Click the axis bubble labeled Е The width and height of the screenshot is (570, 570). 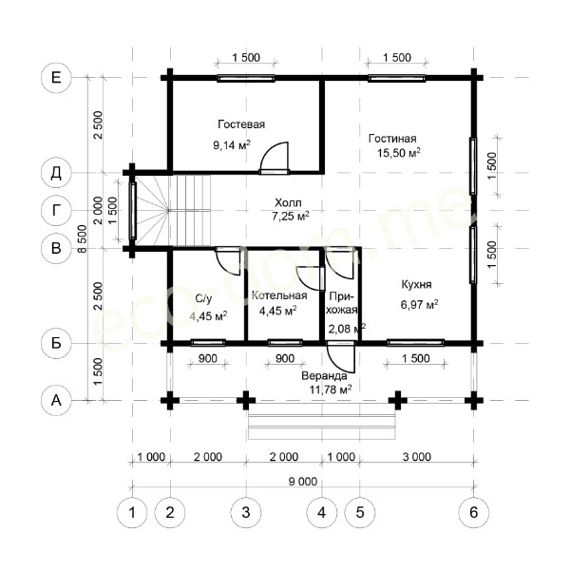[56, 78]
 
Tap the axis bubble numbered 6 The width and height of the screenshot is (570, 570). [473, 513]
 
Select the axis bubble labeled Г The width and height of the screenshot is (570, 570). [56, 211]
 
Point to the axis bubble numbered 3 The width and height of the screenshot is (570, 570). [246, 513]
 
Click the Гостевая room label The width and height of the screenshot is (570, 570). [241, 124]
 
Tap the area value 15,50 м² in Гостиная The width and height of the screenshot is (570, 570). [398, 153]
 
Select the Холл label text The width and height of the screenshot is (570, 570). [288, 202]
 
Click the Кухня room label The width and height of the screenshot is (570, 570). [416, 284]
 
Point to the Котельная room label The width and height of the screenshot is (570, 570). [279, 295]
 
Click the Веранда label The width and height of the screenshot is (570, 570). [324, 375]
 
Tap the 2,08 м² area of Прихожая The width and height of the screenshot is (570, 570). [347, 329]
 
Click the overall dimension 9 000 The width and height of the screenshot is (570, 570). [303, 482]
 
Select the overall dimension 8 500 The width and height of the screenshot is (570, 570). [83, 238]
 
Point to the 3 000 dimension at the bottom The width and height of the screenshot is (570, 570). [417, 457]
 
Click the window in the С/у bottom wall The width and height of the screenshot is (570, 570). [208, 343]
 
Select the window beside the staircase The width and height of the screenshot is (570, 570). [133, 211]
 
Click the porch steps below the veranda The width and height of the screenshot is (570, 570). [321, 421]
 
